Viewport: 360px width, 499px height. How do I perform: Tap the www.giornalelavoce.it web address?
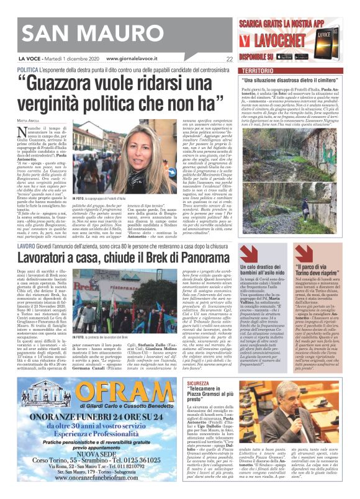coord(138,60)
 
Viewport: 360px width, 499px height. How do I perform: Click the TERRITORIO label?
coord(257,72)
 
